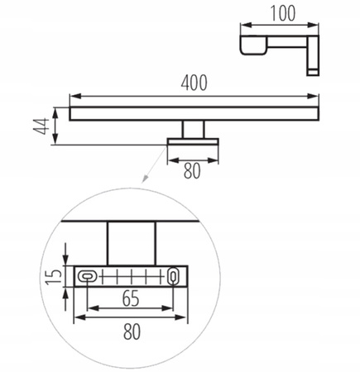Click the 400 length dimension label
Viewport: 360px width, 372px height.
(194, 83)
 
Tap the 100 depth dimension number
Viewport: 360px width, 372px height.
(281, 14)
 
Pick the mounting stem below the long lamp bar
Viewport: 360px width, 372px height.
(194, 130)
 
